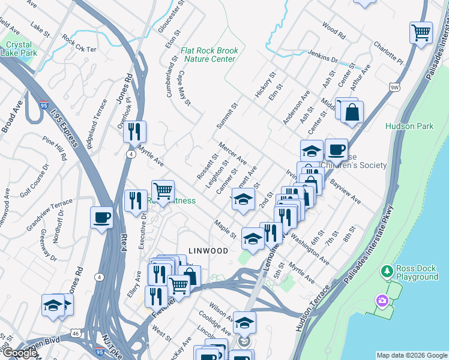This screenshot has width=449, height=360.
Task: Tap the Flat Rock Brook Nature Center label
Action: tap(209, 55)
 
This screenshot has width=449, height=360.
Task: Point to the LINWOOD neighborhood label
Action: tap(208, 250)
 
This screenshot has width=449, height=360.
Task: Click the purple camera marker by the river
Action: tap(381, 300)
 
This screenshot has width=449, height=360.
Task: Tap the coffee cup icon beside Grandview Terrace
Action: tap(101, 217)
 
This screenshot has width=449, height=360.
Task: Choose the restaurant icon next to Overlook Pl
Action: tap(135, 131)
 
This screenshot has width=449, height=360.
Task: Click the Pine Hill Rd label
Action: tap(55, 149)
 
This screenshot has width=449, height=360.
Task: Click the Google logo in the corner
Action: tap(19, 353)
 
